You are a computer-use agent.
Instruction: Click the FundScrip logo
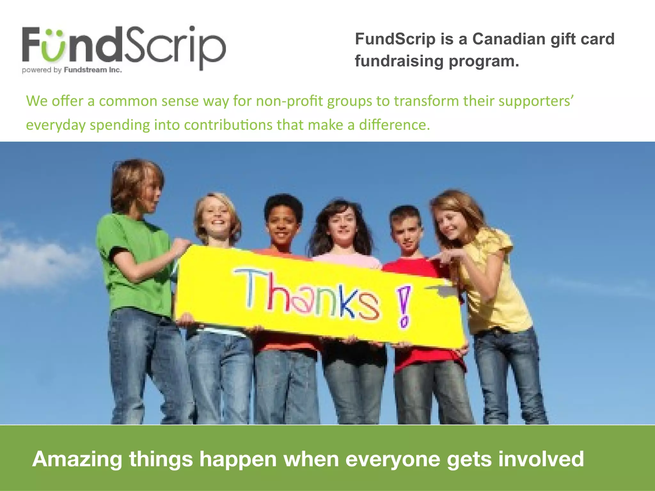[124, 48]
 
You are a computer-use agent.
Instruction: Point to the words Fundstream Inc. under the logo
[93, 70]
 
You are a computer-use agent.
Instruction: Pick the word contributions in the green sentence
[228, 125]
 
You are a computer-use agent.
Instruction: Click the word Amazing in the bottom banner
[77, 459]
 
